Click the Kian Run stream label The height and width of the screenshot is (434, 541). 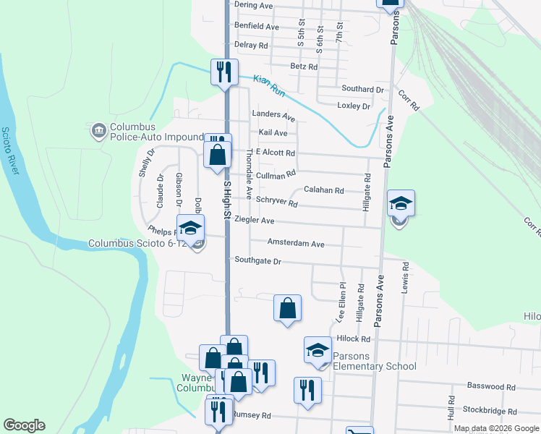click(x=270, y=85)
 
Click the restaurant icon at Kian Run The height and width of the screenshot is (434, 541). click(x=223, y=72)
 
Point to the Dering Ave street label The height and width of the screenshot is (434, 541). click(x=252, y=5)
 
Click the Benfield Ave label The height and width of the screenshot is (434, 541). click(x=256, y=27)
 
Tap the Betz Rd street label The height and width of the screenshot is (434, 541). click(x=304, y=67)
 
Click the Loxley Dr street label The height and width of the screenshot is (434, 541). click(x=353, y=106)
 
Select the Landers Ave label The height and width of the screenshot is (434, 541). click(x=273, y=116)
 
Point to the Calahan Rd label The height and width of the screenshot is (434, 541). click(x=323, y=190)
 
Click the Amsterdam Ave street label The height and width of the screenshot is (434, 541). click(x=296, y=244)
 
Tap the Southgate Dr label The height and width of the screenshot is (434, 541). click(x=257, y=260)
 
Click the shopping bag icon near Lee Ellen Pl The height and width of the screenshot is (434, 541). click(x=287, y=307)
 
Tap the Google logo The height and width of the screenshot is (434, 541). click(x=24, y=425)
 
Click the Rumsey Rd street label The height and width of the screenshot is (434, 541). click(x=251, y=416)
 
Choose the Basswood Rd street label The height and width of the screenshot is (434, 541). click(x=492, y=387)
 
